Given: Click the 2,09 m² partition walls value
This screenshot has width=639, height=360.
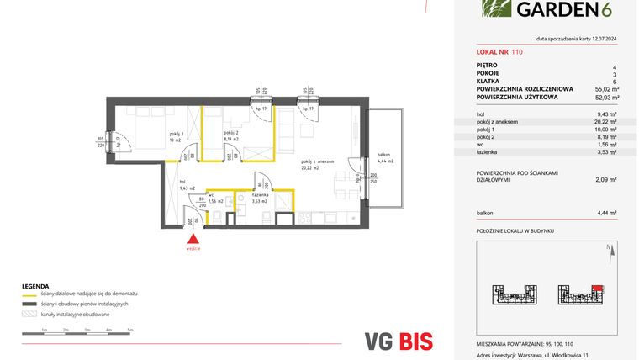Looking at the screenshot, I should pyautogui.click(x=607, y=179).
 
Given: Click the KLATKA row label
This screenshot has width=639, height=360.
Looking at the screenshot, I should pyautogui.click(x=488, y=81).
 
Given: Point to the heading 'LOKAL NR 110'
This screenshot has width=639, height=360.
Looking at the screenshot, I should pyautogui.click(x=499, y=51).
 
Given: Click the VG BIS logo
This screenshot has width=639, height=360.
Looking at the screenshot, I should pyautogui.click(x=400, y=341).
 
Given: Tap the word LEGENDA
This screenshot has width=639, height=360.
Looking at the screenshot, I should pyautogui.click(x=36, y=285).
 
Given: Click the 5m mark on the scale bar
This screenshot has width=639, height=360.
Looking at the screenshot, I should pyautogui.click(x=130, y=330).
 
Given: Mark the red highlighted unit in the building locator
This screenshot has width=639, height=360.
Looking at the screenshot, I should pyautogui.click(x=597, y=289).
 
